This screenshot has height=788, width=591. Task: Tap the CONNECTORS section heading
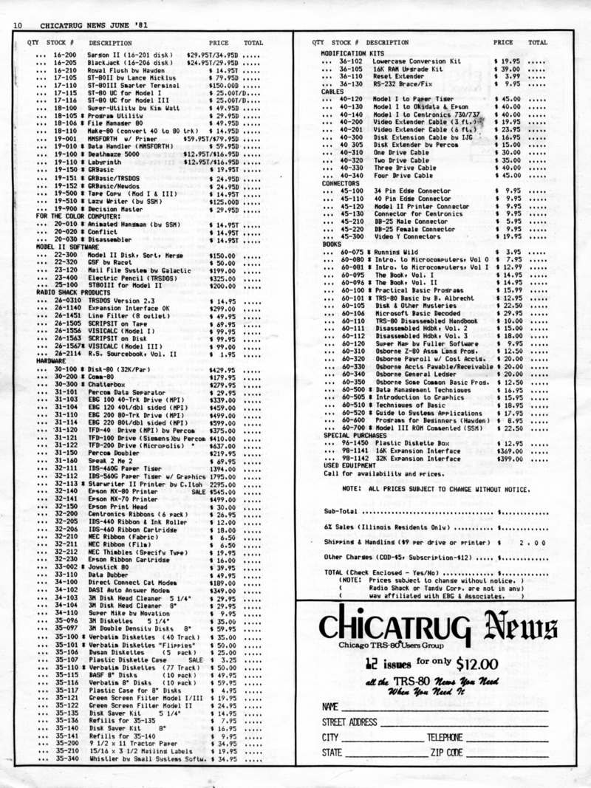[x=341, y=182]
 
